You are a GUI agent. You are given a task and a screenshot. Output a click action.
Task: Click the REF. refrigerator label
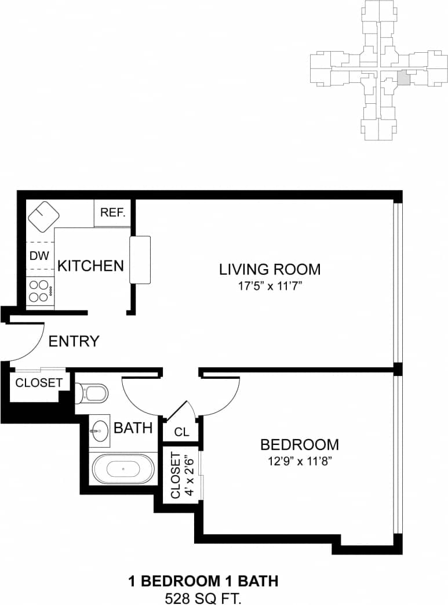coord(113,212)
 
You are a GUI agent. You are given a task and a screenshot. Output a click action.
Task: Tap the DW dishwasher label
coord(39,255)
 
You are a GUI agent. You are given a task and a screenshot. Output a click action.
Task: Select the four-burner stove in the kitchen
coord(39,291)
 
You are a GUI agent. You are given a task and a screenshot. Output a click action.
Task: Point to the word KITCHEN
coord(90,266)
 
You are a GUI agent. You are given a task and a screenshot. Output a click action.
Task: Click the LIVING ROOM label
coord(269,269)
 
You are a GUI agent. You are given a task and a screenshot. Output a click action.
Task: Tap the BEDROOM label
coord(299,445)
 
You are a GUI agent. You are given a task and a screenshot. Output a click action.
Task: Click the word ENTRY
coord(74,341)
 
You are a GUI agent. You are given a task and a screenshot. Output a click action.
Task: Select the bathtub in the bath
coord(122,469)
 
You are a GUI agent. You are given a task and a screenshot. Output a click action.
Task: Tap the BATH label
coord(133,428)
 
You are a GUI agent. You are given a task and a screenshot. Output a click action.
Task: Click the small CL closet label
coord(181,432)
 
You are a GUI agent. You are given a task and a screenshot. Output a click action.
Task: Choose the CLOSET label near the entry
coord(38,383)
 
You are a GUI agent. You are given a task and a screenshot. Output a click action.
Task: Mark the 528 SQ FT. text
coord(202,597)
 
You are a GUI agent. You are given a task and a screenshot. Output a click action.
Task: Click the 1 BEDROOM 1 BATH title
coord(202,581)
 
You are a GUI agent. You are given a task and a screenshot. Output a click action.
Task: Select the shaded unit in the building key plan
coord(403,78)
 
